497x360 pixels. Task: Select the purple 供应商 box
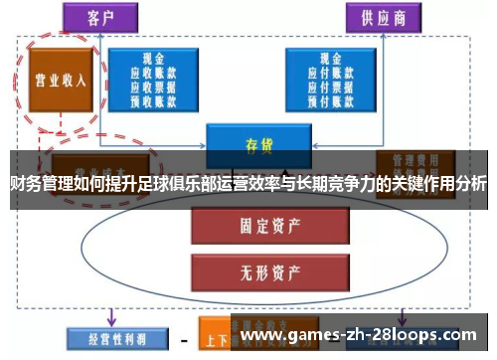[x=383, y=17]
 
